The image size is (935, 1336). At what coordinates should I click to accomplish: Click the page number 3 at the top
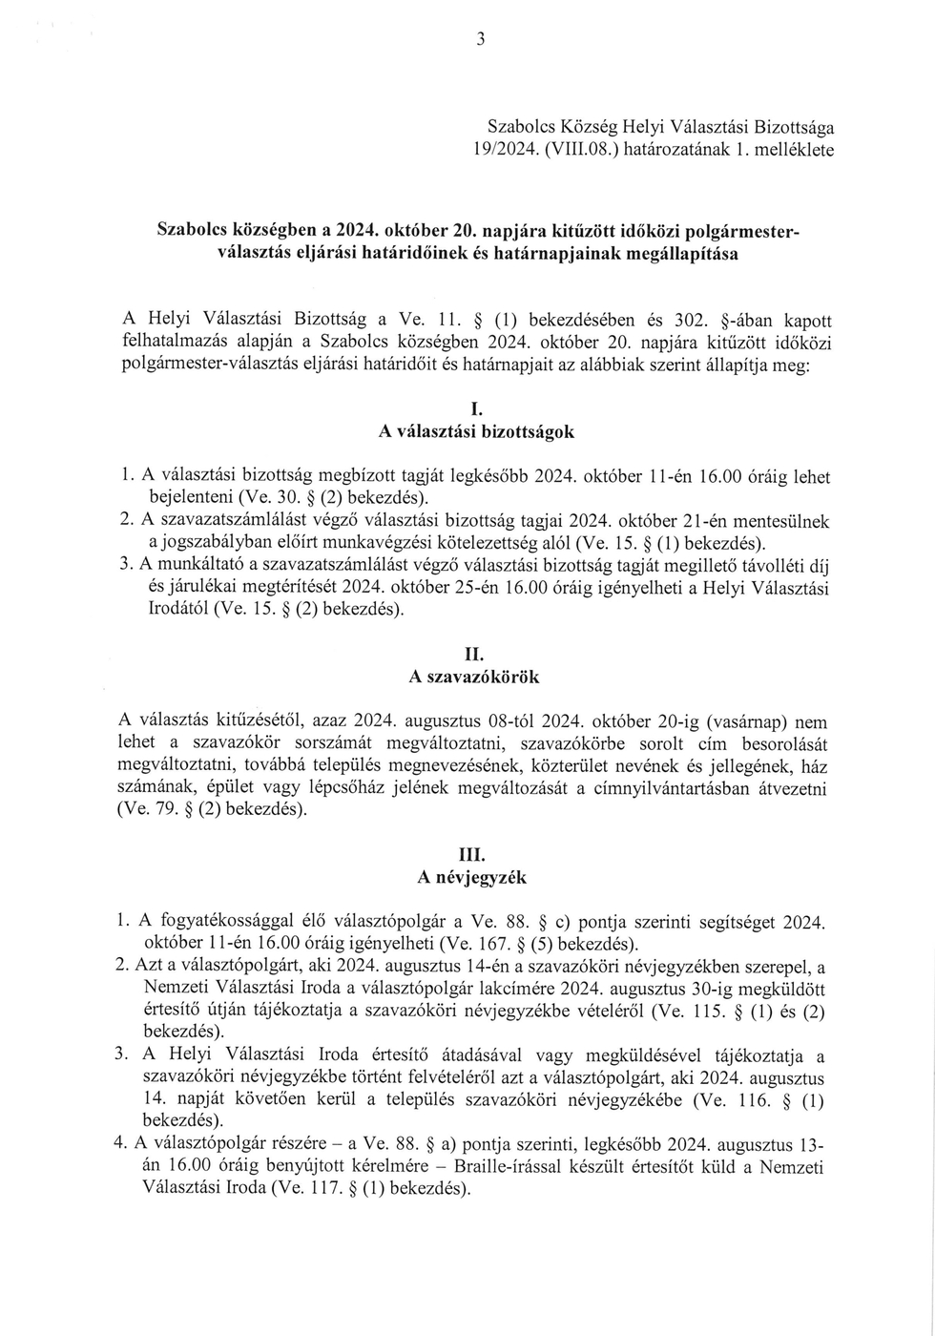tap(481, 38)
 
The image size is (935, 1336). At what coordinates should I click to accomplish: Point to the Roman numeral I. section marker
tap(476, 411)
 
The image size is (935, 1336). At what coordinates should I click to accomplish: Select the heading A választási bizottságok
tap(476, 432)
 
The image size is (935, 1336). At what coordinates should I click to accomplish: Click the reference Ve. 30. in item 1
tap(268, 499)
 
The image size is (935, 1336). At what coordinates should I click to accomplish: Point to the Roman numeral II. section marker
tap(474, 657)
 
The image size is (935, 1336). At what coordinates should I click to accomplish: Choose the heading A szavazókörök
tap(474, 678)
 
